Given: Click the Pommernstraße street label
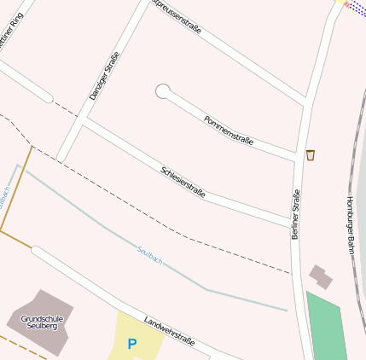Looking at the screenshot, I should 229,129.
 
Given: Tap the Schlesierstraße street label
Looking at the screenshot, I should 183,183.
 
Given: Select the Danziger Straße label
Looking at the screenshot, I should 103,77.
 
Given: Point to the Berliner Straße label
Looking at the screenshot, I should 296,213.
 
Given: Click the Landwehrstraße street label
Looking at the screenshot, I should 169,332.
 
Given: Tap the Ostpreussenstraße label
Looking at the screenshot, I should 177,16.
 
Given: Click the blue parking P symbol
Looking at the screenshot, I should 131,345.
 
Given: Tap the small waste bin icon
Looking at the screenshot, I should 311,155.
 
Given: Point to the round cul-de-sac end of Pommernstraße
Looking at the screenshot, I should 162,90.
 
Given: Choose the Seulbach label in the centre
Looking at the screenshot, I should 149,253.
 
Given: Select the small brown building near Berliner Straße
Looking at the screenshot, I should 321,276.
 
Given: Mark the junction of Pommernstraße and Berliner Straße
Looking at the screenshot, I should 301,159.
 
